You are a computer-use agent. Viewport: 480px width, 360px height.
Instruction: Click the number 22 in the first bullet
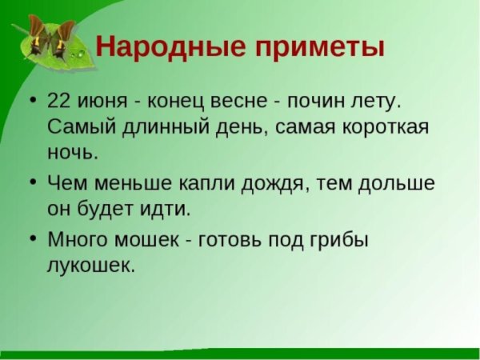click(60, 102)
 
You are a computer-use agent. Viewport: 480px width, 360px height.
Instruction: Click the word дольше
click(396, 183)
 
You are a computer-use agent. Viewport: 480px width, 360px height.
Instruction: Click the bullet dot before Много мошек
click(32, 239)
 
